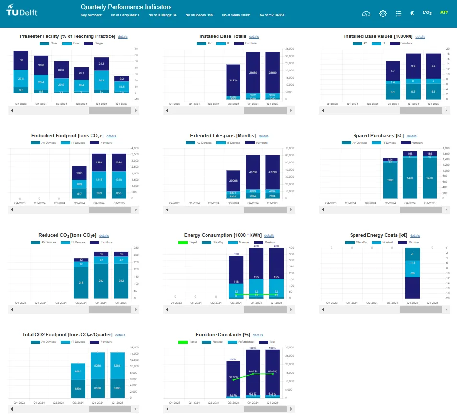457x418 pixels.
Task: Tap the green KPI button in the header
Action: coord(444,12)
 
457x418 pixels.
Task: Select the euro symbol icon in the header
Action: coord(412,13)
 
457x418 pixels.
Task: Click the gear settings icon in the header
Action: coord(383,13)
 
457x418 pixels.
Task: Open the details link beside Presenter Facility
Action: coord(123,36)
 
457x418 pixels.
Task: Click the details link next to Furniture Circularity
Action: coord(258,335)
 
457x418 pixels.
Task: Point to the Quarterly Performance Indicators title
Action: coord(126,7)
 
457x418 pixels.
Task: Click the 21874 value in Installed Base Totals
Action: coord(233,81)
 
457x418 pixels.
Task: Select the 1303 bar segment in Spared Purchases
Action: coord(390,180)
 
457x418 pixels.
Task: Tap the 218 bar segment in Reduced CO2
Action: coord(81,283)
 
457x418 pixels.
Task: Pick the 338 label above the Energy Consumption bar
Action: coord(236,254)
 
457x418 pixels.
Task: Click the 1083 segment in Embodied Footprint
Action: coord(80,173)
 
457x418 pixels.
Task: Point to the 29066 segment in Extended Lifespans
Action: coord(233,180)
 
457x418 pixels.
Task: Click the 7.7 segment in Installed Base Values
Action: coord(393,70)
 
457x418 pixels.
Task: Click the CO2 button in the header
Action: coord(427,13)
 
